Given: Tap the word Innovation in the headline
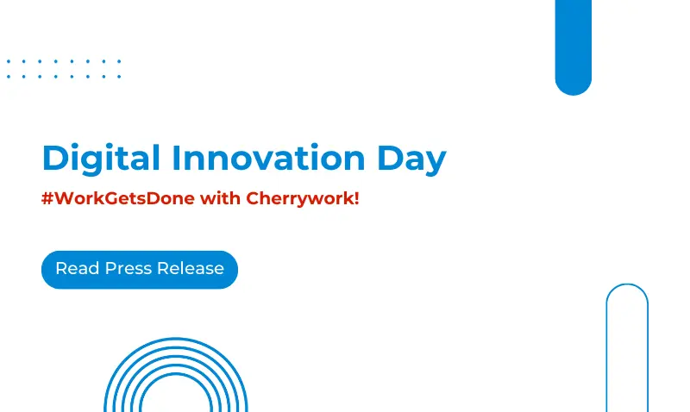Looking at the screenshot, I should (x=256, y=158).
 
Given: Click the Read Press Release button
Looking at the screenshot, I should (x=139, y=269).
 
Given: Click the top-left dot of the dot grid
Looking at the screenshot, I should (x=8, y=61).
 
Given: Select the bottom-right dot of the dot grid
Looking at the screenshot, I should (x=119, y=77).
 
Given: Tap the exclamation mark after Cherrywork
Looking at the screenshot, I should (x=356, y=198).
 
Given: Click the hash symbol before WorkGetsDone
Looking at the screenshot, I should (x=47, y=198).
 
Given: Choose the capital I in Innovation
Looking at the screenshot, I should (x=176, y=158).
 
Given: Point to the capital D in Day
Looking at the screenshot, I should (x=388, y=159).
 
